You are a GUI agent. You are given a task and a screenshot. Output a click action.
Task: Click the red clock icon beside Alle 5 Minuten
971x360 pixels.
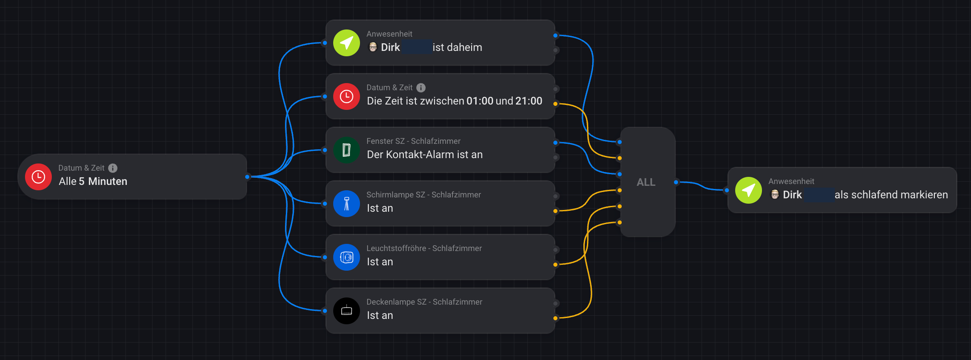[38, 177]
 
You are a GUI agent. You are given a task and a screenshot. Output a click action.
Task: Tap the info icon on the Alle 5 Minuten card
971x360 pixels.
[113, 168]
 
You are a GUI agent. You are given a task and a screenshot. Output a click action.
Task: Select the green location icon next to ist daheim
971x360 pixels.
[347, 43]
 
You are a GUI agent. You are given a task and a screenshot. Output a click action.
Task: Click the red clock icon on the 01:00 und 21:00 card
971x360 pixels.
[347, 96]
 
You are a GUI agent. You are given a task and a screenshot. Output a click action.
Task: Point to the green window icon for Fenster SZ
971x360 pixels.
[347, 150]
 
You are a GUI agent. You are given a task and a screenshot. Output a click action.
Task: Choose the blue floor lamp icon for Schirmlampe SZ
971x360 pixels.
[347, 204]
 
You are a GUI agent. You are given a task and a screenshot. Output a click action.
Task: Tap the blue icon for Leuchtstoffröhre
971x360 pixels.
[347, 257]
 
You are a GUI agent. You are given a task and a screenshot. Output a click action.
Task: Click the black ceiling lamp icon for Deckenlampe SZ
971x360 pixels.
[347, 311]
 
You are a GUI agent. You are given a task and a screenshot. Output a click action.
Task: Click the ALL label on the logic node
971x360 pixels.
[646, 182]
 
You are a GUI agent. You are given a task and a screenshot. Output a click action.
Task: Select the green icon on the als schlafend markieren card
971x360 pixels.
[749, 190]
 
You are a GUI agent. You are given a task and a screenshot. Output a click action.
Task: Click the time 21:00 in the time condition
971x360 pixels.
[529, 101]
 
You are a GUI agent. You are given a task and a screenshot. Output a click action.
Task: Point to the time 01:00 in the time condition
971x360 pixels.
[480, 101]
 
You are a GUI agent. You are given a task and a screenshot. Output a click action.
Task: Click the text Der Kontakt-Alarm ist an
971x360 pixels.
[425, 155]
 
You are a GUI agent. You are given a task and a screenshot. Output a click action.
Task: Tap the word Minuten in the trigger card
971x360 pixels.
[108, 181]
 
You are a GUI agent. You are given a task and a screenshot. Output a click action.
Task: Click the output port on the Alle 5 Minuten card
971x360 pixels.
[247, 177]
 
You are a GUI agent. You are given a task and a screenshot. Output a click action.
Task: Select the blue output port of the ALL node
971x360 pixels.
[676, 182]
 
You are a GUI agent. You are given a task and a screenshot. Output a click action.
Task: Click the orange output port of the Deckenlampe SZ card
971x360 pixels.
[556, 318]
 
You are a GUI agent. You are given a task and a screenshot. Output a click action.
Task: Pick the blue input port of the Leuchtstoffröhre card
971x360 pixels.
[325, 257]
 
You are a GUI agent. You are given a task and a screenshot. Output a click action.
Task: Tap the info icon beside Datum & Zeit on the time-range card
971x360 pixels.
[421, 88]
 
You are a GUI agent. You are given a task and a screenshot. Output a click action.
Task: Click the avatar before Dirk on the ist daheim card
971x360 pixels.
[373, 47]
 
